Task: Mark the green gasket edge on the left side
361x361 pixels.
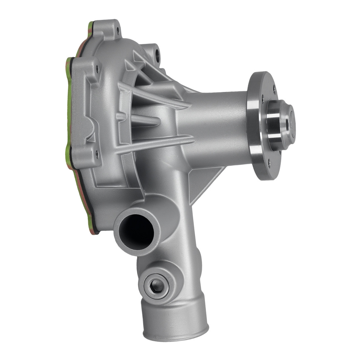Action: pos(69,108)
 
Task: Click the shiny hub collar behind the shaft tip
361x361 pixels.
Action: pos(274,125)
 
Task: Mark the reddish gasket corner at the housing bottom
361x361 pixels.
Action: pos(95,231)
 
